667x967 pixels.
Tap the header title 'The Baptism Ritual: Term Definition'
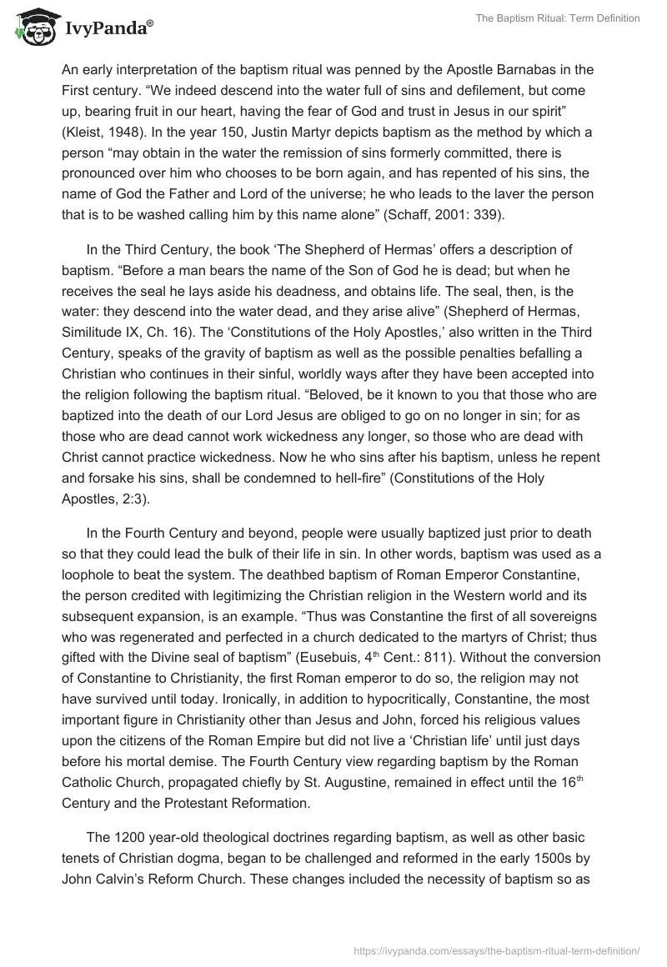pyautogui.click(x=558, y=18)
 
